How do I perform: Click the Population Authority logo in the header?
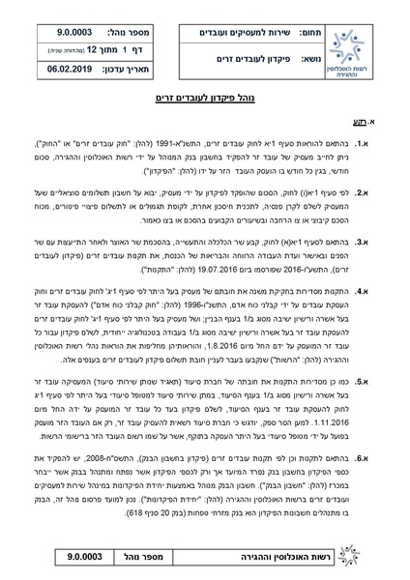360,57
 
